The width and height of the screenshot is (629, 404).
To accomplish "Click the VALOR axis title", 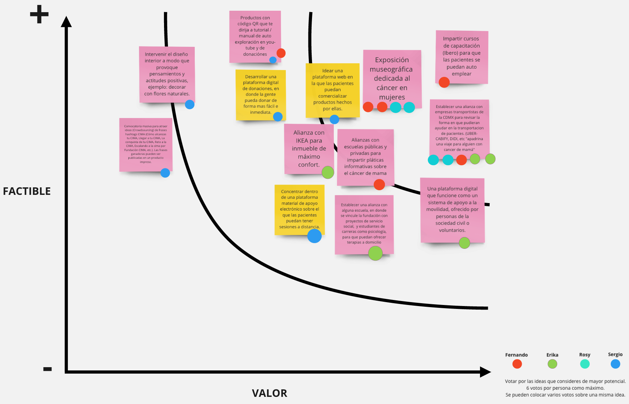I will coord(269,393).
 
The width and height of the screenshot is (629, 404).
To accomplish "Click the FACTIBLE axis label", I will coord(27,191).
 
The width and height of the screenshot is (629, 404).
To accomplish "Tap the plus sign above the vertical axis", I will coord(39,15).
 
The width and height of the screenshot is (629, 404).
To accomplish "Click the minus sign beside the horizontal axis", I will coord(48,369).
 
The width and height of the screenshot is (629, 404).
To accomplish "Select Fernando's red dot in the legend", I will coord(517,364).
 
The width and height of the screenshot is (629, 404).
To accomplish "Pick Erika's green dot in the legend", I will coord(553,364).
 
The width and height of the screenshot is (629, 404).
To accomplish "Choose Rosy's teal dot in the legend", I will coord(585,364).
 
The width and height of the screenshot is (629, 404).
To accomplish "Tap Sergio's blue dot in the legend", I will coord(615,364).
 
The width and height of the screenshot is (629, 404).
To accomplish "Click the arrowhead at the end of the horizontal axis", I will coord(485,372).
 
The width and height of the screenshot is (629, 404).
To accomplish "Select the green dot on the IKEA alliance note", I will coord(328,172).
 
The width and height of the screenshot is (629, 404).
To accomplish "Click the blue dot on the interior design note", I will coord(190,104).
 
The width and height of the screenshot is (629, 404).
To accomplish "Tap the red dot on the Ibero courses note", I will coord(444,82).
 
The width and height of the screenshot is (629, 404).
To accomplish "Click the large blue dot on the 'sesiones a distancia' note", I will coord(314,236).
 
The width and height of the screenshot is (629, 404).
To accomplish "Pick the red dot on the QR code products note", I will coord(281,53).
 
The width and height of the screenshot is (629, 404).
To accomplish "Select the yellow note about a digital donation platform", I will coord(261,95).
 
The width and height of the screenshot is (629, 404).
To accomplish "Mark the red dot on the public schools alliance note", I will coord(379,184).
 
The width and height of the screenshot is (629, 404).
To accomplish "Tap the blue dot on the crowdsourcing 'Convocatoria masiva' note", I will coord(165,173).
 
